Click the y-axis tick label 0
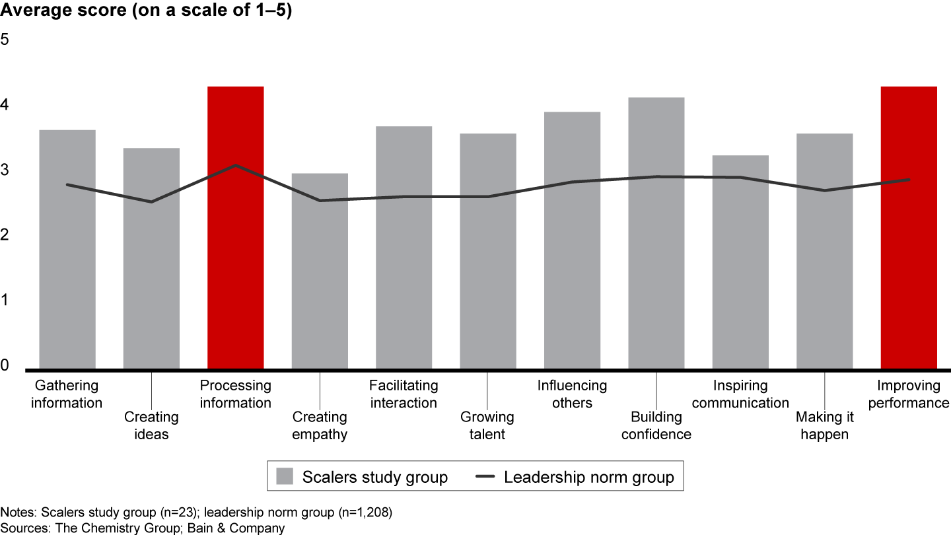point(5,365)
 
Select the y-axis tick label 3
point(5,170)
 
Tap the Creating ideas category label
point(151,425)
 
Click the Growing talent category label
point(487,425)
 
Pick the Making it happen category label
point(824,425)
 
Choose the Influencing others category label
point(572,394)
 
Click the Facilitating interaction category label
point(404,394)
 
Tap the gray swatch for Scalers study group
point(284,477)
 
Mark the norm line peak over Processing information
point(236,165)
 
